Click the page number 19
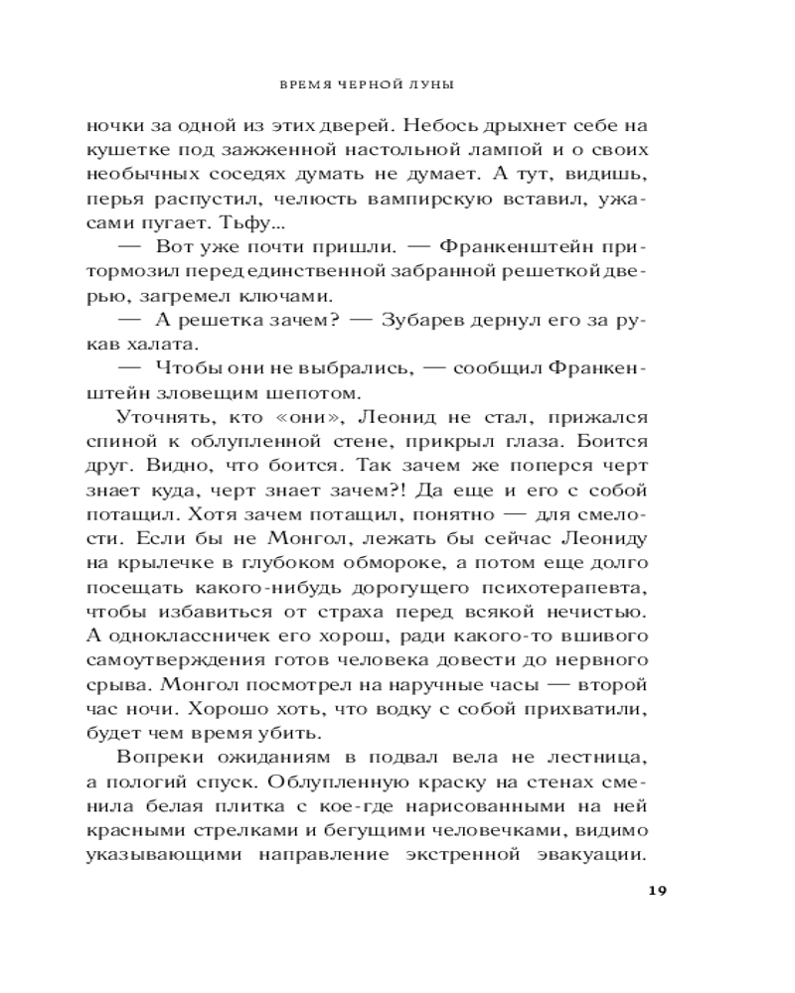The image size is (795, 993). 657,889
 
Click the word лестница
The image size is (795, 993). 600,761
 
